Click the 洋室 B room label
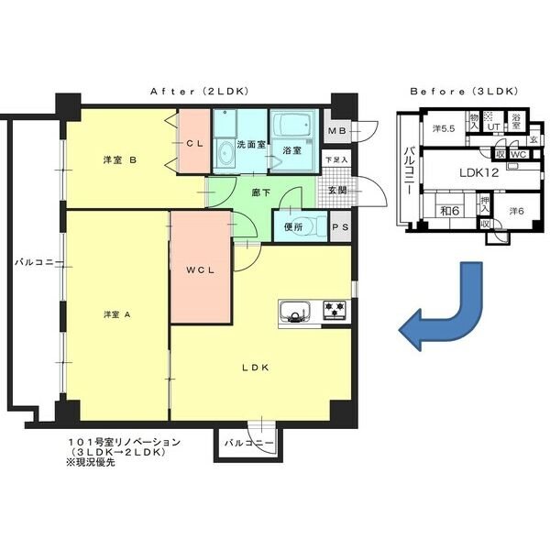click(119, 159)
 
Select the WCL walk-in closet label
click(200, 270)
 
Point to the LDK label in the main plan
click(254, 368)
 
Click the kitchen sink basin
click(295, 313)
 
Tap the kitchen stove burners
click(333, 312)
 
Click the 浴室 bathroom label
click(292, 150)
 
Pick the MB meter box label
click(335, 131)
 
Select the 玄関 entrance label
click(336, 191)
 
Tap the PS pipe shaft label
click(338, 227)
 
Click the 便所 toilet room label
click(293, 226)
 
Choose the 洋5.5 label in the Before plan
click(445, 128)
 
